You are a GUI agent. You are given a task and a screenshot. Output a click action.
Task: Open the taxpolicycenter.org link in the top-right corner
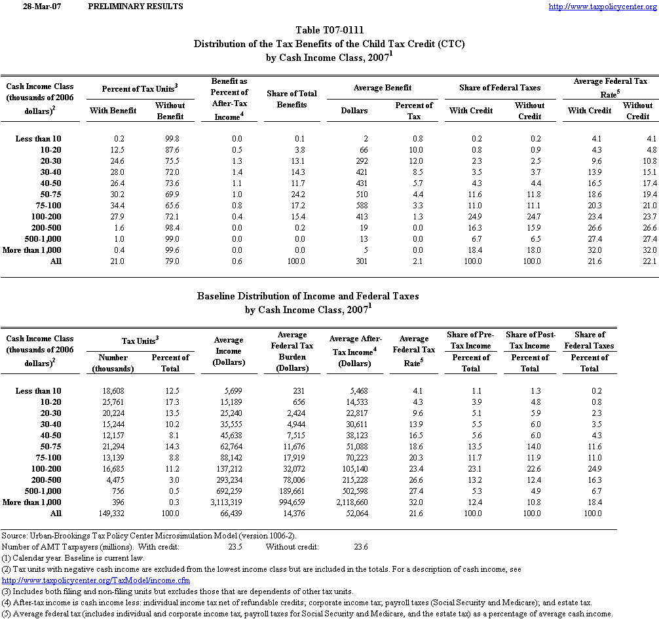point(601,7)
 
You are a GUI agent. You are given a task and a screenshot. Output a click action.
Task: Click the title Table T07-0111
point(329,30)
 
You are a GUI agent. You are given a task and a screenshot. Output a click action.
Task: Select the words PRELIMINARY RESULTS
point(135,7)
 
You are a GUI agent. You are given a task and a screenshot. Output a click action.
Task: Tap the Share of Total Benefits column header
point(292,99)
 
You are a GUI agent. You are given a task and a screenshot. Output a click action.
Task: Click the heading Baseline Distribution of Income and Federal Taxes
point(308,296)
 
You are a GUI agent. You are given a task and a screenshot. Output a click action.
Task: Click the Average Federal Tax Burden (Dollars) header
point(293,350)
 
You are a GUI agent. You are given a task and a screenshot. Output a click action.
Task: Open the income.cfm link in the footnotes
point(96,580)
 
